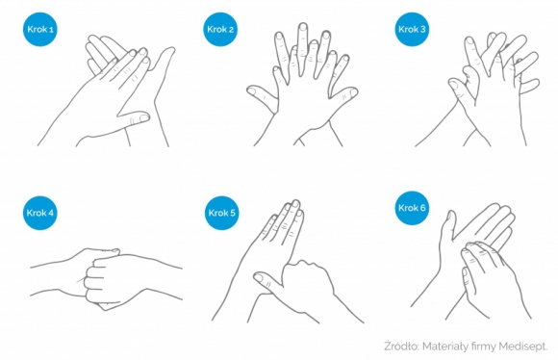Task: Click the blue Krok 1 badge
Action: (40, 29)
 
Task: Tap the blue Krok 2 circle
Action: (220, 29)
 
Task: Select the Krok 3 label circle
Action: (412, 29)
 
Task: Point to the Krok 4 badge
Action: (40, 213)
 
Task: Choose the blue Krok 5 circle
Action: (222, 213)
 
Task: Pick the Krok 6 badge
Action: (412, 208)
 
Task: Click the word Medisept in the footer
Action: (522, 347)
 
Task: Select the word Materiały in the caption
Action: (444, 347)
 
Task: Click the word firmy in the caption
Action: (483, 347)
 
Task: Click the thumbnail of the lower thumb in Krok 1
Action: (143, 117)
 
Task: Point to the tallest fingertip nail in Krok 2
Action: (303, 27)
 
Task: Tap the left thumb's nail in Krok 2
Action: (252, 91)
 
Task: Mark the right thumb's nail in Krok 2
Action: (353, 93)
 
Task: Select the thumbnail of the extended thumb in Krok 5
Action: (259, 277)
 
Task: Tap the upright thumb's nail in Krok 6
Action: (450, 216)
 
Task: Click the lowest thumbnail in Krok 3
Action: (454, 86)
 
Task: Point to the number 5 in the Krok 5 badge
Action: (233, 213)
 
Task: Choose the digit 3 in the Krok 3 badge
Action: (422, 29)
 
